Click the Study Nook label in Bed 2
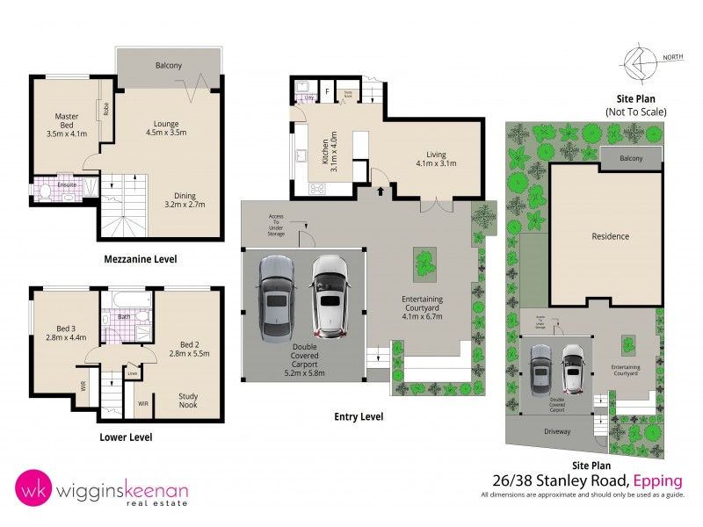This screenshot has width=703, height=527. pos(188,401)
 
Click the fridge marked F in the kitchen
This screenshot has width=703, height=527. pos(327,90)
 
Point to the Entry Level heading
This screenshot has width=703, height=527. pos(359,416)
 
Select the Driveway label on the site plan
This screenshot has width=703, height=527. pos(556,432)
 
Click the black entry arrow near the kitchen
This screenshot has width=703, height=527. pos(380,189)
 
